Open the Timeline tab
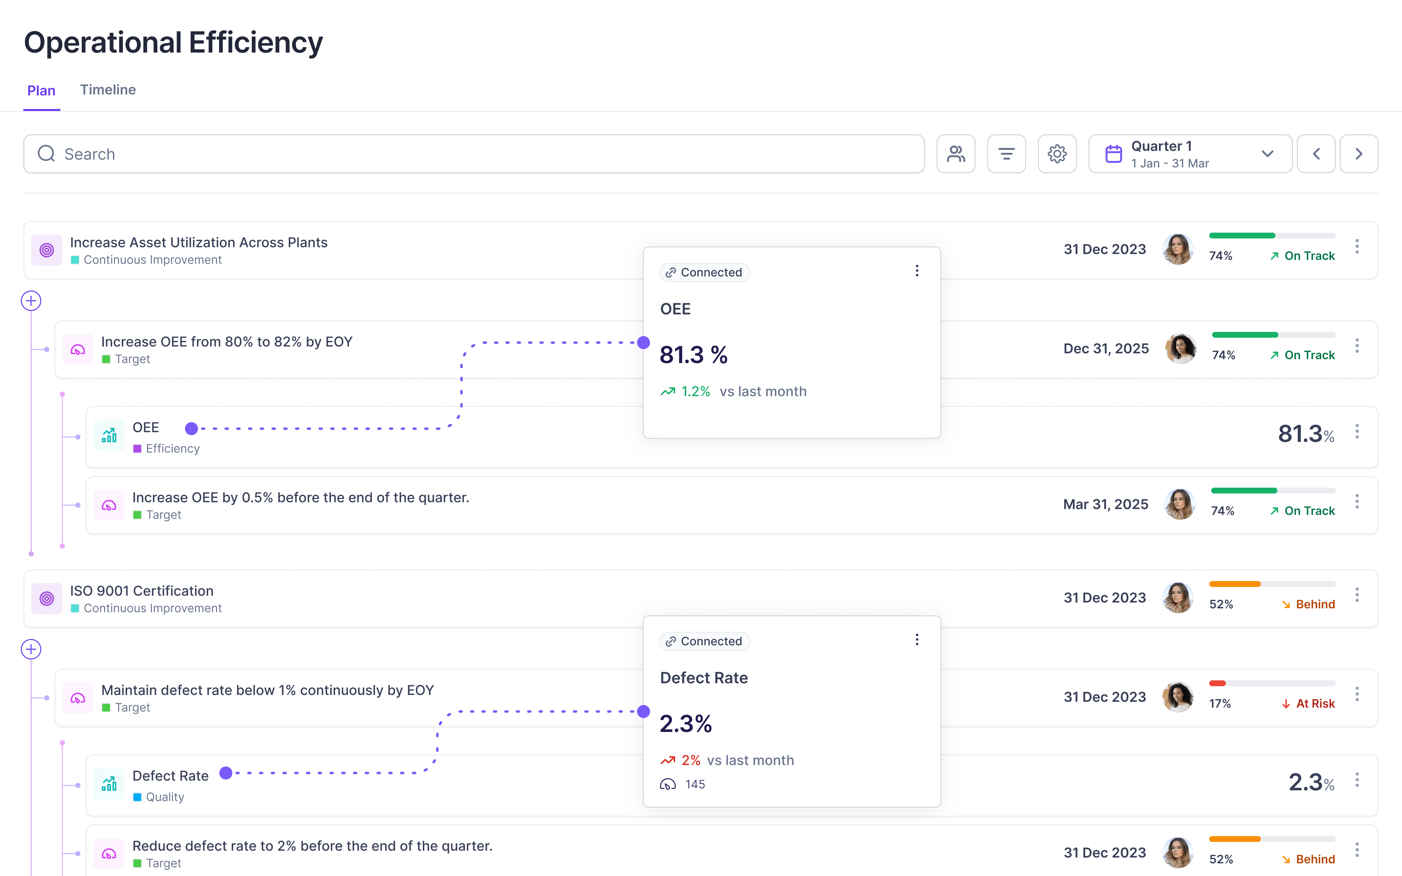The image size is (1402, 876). click(108, 90)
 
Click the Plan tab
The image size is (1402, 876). click(41, 91)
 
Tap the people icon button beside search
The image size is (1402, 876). click(955, 154)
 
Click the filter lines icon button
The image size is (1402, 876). click(1006, 154)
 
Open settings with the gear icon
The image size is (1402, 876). click(1057, 154)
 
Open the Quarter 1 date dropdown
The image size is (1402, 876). click(1190, 154)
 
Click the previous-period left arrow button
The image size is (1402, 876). click(1316, 154)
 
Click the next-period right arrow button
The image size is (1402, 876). click(1359, 154)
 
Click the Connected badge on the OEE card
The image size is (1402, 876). click(705, 272)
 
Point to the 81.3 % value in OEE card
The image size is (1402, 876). click(694, 355)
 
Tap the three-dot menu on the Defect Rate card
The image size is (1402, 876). click(916, 639)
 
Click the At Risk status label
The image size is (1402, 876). click(1314, 703)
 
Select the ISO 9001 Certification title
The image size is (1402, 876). click(141, 590)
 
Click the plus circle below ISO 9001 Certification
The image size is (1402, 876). click(31, 649)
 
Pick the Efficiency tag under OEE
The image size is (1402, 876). click(172, 448)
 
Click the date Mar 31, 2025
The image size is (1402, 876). click(1105, 504)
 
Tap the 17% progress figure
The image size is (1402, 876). click(1220, 703)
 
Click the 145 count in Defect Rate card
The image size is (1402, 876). click(695, 785)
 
